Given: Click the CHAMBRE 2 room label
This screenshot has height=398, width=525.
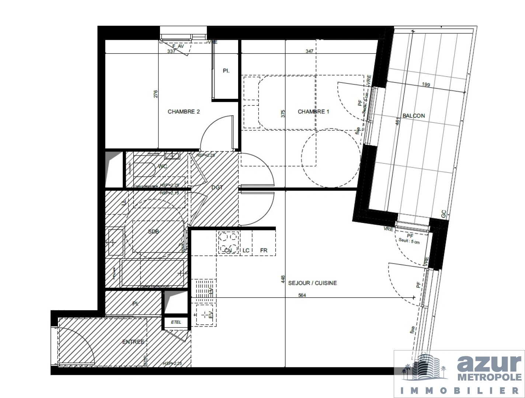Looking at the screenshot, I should click(x=184, y=112).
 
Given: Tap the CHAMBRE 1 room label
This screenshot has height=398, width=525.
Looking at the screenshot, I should click(x=313, y=112).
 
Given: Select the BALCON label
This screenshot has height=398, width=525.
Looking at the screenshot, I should click(x=413, y=116).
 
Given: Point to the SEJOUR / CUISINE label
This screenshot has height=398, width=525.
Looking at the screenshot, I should click(x=312, y=283).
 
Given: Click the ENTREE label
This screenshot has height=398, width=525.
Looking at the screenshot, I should click(x=133, y=342).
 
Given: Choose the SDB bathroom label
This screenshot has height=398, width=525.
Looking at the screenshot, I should click(x=153, y=231).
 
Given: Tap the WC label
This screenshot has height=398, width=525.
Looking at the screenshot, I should click(x=163, y=166).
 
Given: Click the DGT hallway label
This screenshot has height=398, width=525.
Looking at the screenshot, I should click(x=217, y=188).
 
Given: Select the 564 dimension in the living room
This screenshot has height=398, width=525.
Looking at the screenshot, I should click(x=302, y=295).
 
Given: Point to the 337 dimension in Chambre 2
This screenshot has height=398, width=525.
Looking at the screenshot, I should click(x=171, y=52).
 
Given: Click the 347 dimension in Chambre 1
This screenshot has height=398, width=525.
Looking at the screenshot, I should click(x=310, y=51).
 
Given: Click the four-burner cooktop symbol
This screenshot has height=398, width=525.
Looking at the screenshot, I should click(x=228, y=242).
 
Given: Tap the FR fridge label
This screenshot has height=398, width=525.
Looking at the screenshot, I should click(x=264, y=251).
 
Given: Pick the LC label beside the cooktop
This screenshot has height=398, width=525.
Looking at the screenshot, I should click(x=246, y=251).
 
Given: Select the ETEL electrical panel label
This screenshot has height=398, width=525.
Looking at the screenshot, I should click(x=176, y=322).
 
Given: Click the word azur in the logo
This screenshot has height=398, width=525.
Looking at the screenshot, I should click(x=489, y=364).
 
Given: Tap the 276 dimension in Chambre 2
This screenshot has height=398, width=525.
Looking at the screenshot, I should click(x=156, y=94).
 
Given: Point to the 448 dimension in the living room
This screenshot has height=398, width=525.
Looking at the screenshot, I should click(x=283, y=280).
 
